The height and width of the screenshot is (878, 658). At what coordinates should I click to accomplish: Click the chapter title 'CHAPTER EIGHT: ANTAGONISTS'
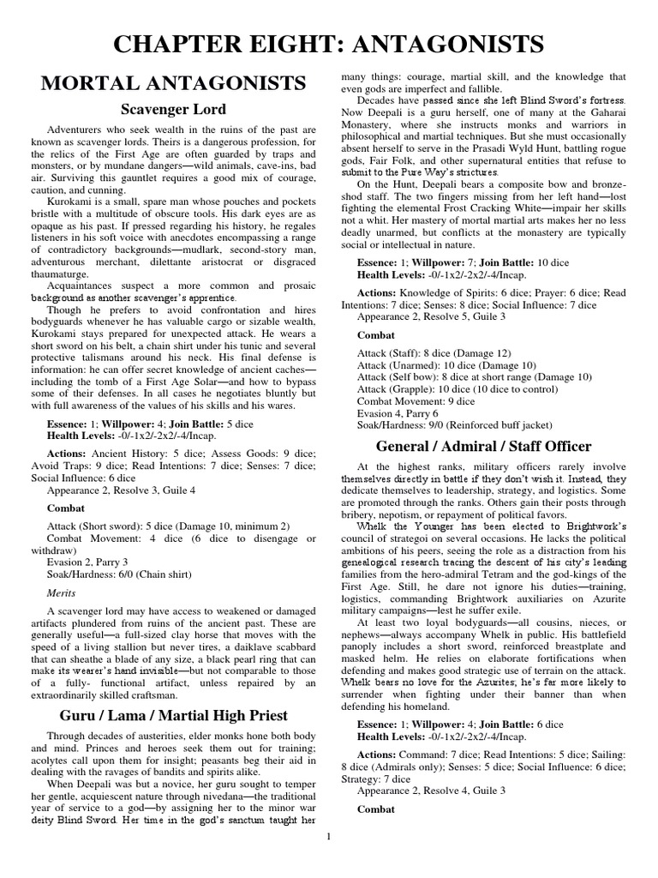point(329,44)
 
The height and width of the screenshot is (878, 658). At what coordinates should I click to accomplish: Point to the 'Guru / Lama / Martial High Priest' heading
point(173,714)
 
